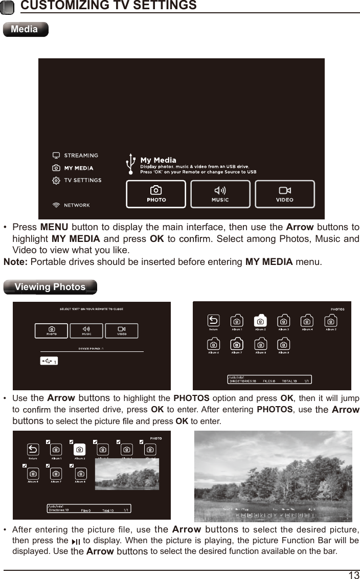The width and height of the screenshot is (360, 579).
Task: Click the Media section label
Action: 25,29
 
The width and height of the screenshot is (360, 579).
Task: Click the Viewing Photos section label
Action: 50,287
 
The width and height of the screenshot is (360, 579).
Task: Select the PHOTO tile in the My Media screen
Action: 156,194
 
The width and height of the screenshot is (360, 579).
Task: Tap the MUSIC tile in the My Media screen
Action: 220,194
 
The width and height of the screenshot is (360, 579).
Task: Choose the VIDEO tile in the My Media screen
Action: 284,194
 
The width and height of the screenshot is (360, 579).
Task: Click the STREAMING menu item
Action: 80,155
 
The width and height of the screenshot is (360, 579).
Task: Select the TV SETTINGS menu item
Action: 82,180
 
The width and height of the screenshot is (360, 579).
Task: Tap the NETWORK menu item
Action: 76,205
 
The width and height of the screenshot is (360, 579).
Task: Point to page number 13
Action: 353,575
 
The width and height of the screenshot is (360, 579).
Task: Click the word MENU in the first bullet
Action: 54,227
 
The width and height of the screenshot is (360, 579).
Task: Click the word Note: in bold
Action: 16,262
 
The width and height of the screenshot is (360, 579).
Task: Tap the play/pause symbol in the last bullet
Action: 76,542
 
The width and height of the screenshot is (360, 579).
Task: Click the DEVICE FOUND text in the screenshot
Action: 91,349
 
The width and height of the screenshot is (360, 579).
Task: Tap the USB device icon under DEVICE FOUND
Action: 48,361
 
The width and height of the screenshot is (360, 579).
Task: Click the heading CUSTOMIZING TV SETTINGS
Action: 108,6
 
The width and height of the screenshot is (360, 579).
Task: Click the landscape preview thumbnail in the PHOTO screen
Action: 127,474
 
